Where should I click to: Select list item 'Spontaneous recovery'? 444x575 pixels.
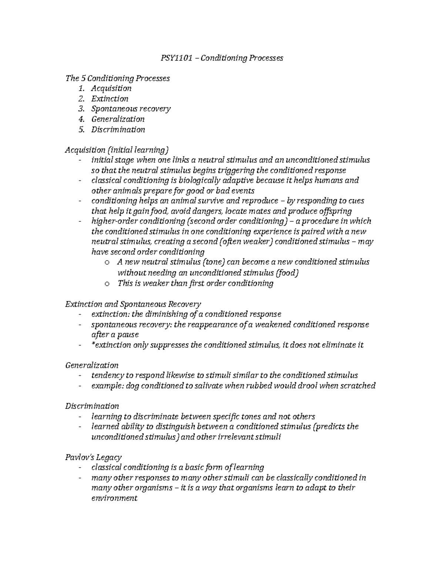click(131, 109)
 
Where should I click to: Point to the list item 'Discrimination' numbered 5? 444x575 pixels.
click(118, 130)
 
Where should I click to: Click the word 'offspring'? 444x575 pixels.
click(333, 211)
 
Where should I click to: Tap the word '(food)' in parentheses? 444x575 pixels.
click(287, 273)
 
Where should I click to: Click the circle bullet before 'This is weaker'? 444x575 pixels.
click(107, 284)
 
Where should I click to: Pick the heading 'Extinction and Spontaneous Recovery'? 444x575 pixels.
click(133, 304)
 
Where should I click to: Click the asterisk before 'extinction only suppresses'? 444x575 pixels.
click(93, 344)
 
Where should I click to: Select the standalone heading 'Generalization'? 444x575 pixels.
click(92, 365)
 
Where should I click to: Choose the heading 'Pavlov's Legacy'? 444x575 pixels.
click(93, 457)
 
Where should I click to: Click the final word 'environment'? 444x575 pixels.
click(114, 498)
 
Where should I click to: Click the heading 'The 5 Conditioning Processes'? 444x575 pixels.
click(117, 78)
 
